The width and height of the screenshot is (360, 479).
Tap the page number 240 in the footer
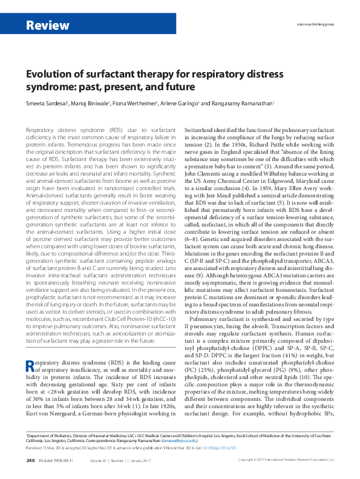click(x=30, y=461)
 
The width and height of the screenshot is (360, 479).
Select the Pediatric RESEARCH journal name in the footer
click(x=59, y=461)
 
